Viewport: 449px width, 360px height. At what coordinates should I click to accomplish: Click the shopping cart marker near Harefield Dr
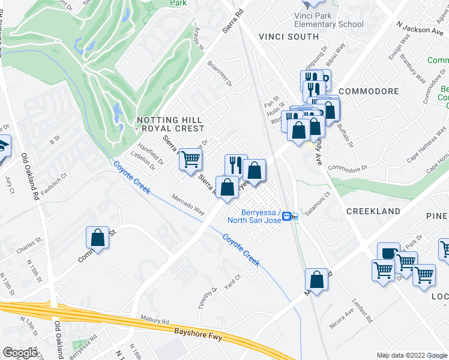tap(190, 160)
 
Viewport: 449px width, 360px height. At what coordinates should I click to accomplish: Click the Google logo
tap(20, 352)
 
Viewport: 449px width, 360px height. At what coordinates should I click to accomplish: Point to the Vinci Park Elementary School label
tap(328, 20)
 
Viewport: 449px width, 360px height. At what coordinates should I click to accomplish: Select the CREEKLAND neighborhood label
tap(373, 211)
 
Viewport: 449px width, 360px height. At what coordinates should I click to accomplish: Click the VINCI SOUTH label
tap(289, 37)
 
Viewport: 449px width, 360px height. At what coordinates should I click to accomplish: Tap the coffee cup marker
tap(388, 253)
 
